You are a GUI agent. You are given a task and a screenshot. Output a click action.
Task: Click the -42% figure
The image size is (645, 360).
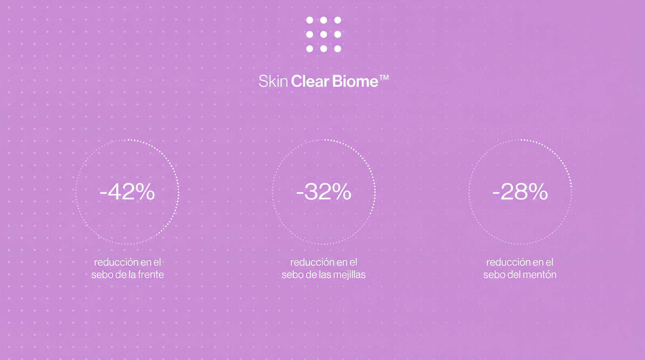[x=127, y=192]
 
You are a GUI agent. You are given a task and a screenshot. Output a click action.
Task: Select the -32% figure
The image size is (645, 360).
[x=324, y=192]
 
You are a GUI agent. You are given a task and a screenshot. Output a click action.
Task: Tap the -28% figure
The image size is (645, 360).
[x=520, y=192]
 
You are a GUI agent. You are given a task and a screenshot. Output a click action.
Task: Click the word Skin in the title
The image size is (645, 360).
[x=273, y=81]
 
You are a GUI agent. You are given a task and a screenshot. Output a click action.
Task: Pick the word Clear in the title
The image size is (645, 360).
[x=310, y=81]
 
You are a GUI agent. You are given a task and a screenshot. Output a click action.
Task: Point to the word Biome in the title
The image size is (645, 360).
[x=355, y=81]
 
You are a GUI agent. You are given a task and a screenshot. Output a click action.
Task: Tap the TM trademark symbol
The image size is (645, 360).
[x=384, y=77]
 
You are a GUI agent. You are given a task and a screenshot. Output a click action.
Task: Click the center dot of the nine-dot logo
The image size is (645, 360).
[x=324, y=35]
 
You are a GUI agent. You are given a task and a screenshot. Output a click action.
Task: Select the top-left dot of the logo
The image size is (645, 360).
[x=310, y=20]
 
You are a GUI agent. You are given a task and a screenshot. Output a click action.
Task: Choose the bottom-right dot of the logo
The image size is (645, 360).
[x=338, y=49]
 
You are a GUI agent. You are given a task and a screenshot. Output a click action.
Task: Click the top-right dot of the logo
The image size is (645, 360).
[x=338, y=20]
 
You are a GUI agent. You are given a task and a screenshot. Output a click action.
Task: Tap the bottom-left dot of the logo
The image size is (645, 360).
[x=310, y=49]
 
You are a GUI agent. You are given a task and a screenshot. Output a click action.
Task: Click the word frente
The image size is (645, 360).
[x=151, y=275]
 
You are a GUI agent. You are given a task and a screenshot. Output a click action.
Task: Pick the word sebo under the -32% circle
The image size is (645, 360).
[x=291, y=275]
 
